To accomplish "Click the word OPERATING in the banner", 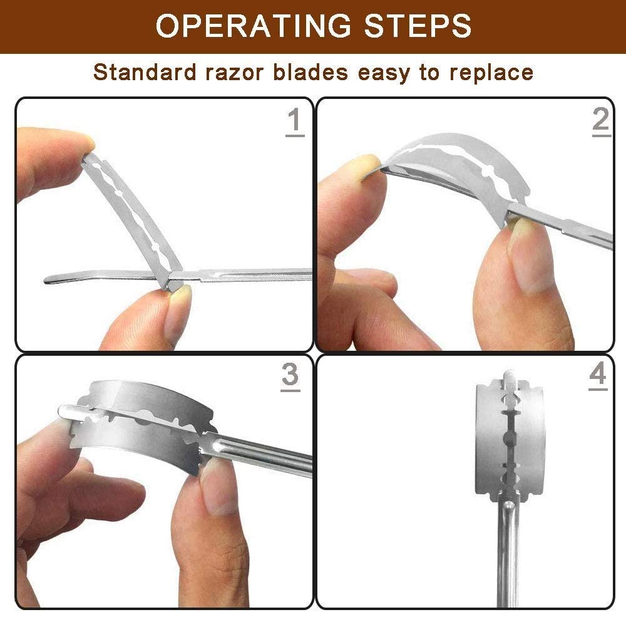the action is click(254, 26).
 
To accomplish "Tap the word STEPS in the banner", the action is click(418, 26).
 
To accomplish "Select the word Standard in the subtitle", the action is click(145, 73).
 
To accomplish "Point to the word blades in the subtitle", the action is click(310, 73).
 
